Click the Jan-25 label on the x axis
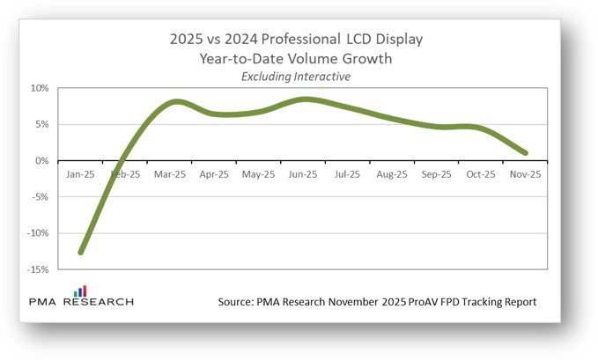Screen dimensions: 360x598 point(80,174)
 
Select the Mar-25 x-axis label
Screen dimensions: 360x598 point(169,174)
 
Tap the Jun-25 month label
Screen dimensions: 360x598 point(303,174)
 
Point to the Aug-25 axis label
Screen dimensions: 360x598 point(392,174)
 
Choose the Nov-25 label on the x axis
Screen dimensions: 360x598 point(525,174)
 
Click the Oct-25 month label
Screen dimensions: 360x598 point(481,174)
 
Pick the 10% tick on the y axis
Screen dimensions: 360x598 point(41,88)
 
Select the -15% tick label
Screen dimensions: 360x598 point(38,269)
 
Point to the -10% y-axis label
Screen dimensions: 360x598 point(38,233)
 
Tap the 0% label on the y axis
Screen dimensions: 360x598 point(43,160)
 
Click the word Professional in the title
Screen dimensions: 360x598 point(299,39)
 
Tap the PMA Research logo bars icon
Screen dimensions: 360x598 point(79,290)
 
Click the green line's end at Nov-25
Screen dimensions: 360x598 point(526,152)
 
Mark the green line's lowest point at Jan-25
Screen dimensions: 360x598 point(81,253)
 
